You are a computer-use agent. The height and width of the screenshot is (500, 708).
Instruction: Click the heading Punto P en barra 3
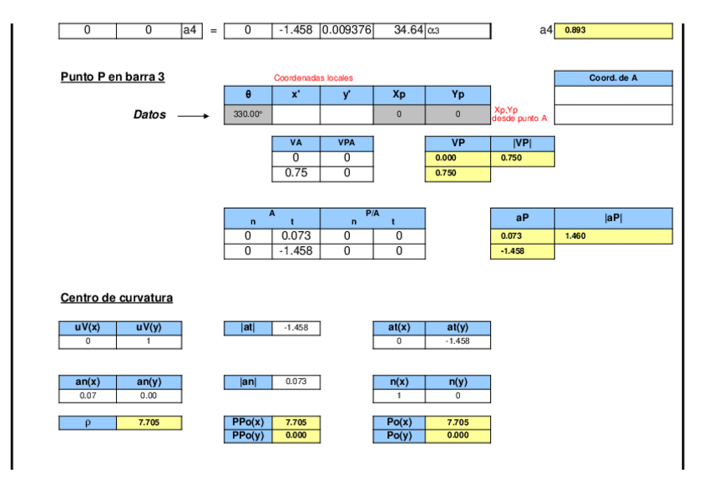(112, 77)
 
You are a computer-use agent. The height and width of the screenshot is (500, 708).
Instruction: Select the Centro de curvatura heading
(117, 298)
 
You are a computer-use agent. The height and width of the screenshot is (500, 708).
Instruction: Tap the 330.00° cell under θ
(248, 114)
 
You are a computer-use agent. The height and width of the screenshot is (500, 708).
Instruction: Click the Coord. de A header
(613, 78)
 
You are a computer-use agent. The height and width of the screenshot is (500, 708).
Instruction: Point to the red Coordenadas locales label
(313, 78)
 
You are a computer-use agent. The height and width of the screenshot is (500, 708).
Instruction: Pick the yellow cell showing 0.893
(613, 31)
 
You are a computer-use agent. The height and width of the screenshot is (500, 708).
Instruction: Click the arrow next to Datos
(195, 116)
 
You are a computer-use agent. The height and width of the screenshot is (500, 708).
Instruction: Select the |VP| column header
(522, 143)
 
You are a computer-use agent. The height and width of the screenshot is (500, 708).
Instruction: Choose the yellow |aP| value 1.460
(613, 236)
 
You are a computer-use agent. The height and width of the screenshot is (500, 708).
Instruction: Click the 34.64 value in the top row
(398, 31)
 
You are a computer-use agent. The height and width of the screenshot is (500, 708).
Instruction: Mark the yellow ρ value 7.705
(149, 423)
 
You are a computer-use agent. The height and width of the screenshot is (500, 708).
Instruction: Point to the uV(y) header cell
(149, 328)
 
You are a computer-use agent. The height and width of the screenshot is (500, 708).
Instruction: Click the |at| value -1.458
(296, 328)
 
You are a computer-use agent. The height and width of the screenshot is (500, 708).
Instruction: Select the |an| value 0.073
(296, 381)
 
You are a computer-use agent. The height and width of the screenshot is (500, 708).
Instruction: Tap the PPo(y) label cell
(248, 436)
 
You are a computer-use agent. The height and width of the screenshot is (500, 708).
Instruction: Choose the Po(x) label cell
(398, 422)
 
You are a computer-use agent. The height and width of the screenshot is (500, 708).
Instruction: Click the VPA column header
(346, 143)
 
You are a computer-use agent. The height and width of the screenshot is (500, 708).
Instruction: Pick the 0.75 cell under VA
(296, 174)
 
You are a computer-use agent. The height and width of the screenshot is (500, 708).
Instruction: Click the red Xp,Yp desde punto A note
(520, 114)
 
